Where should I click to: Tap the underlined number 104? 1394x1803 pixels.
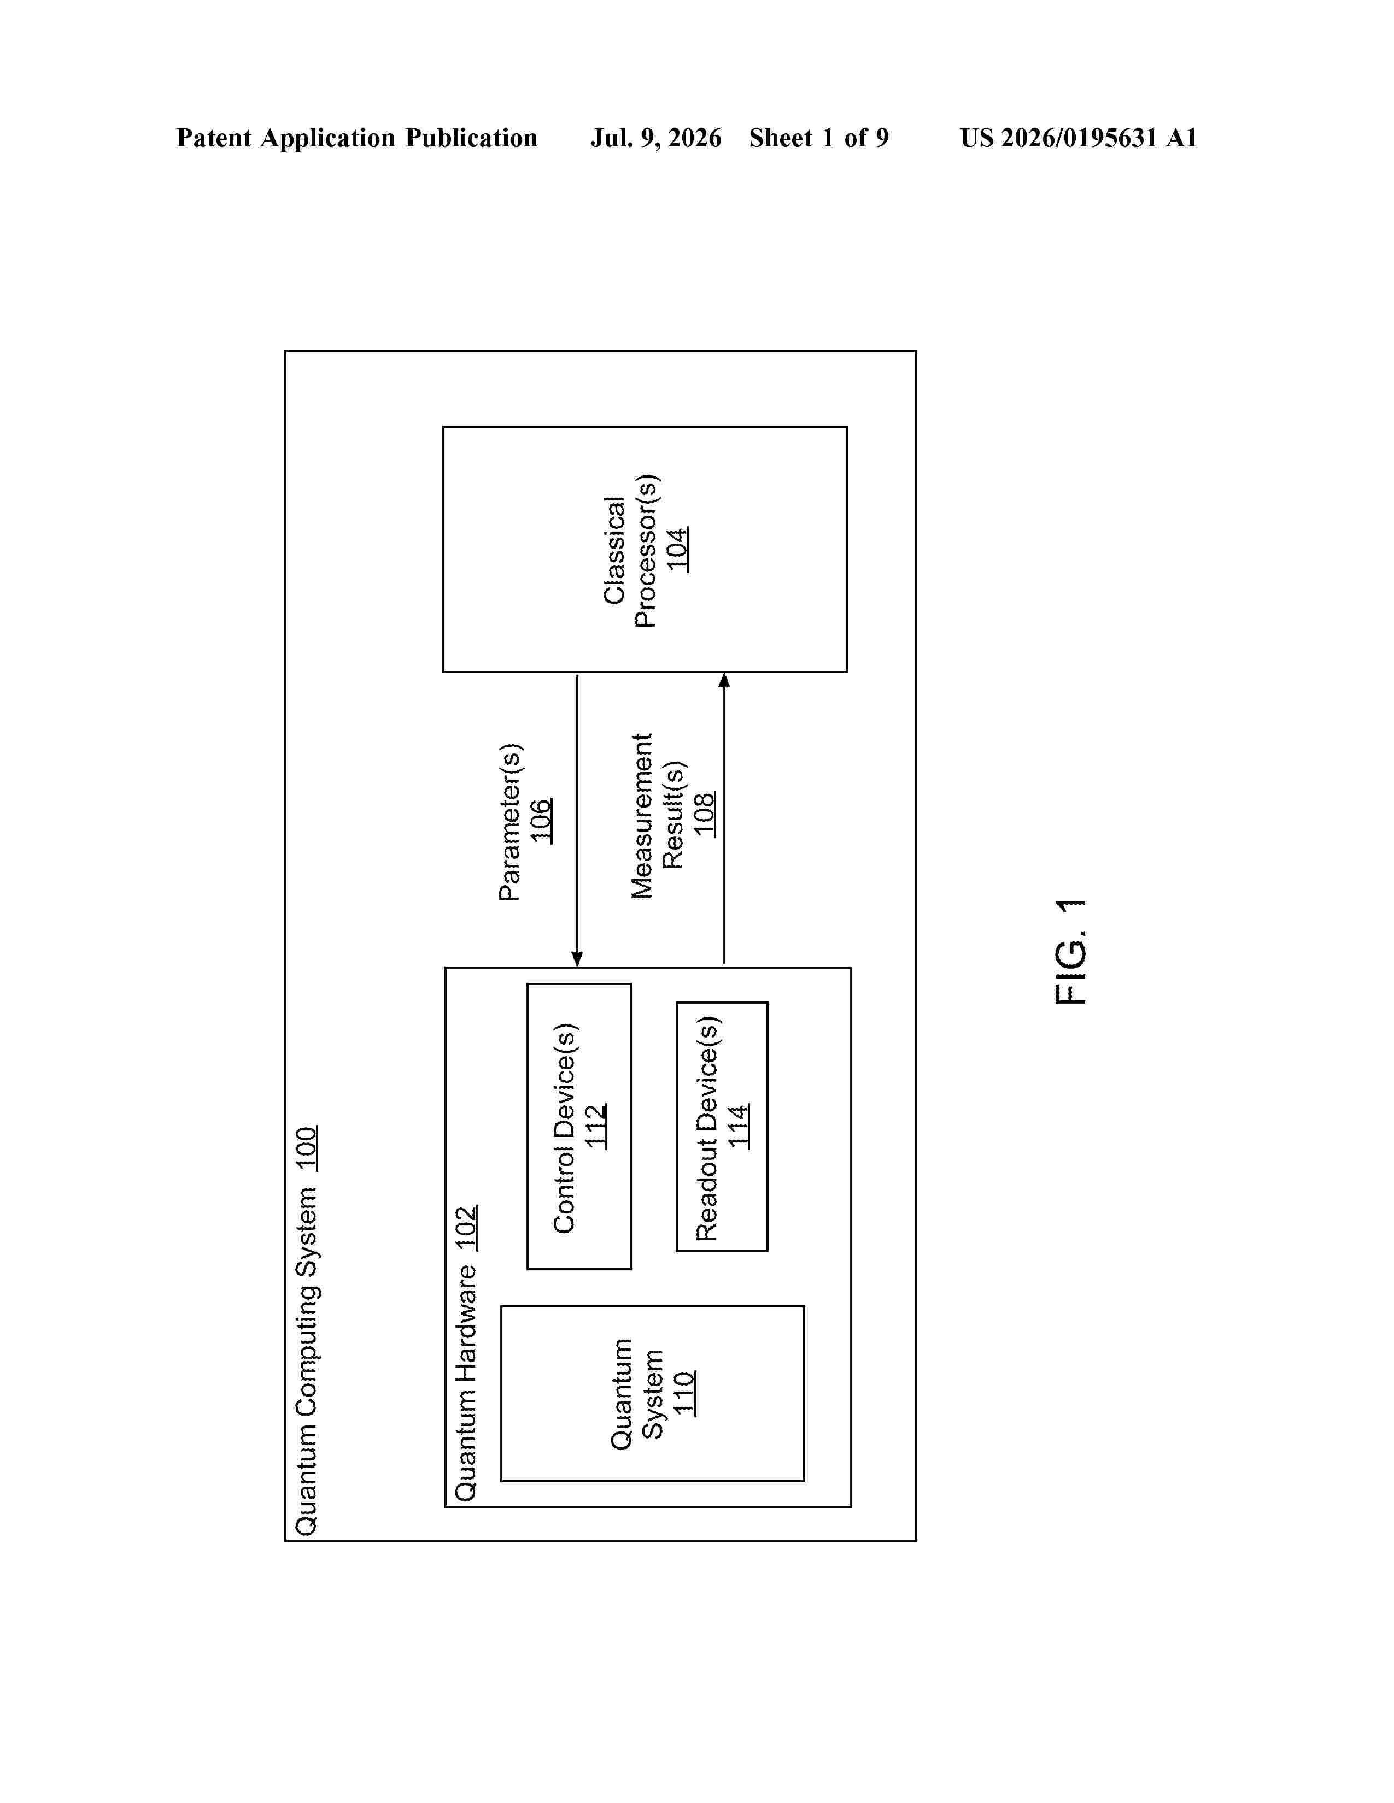677,549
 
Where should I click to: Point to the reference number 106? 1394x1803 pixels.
541,821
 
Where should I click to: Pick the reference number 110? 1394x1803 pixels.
684,1394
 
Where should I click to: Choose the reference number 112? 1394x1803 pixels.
595,1126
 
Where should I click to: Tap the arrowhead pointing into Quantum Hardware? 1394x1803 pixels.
577,958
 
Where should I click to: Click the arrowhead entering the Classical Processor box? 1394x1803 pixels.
724,680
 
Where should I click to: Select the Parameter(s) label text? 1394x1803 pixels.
509,822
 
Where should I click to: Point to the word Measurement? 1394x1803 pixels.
642,816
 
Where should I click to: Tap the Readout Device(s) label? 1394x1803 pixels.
708,1128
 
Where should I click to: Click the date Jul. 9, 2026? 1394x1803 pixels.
655,138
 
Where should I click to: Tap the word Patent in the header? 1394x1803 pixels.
214,138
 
